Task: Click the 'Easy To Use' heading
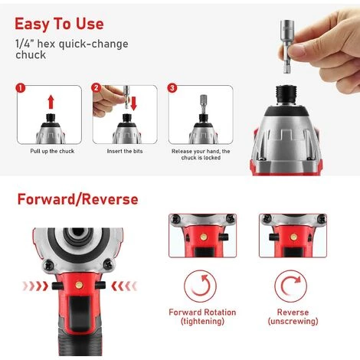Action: pyautogui.click(x=59, y=24)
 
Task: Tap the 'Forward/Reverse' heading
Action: pyautogui.click(x=77, y=199)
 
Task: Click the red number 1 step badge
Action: pyautogui.click(x=21, y=88)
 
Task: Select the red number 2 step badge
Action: pyautogui.click(x=96, y=88)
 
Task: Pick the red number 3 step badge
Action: pyautogui.click(x=172, y=88)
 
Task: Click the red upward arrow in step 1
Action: pyautogui.click(x=51, y=102)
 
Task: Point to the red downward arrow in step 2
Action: pyautogui.click(x=133, y=103)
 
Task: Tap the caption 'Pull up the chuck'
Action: pyautogui.click(x=52, y=151)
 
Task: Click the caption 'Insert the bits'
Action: pyautogui.click(x=125, y=151)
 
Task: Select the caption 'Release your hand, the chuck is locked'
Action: pyautogui.click(x=201, y=155)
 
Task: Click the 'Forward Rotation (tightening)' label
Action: pyautogui.click(x=202, y=316)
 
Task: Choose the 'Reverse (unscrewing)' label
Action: pyautogui.click(x=293, y=316)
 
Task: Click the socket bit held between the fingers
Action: pyautogui.click(x=287, y=46)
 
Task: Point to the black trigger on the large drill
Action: pyautogui.click(x=80, y=313)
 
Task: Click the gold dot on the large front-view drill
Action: pyautogui.click(x=79, y=285)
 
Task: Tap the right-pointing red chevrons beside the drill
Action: pyautogui.click(x=35, y=286)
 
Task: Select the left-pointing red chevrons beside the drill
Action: pyautogui.click(x=124, y=286)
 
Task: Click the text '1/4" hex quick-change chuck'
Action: pyautogui.click(x=72, y=49)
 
